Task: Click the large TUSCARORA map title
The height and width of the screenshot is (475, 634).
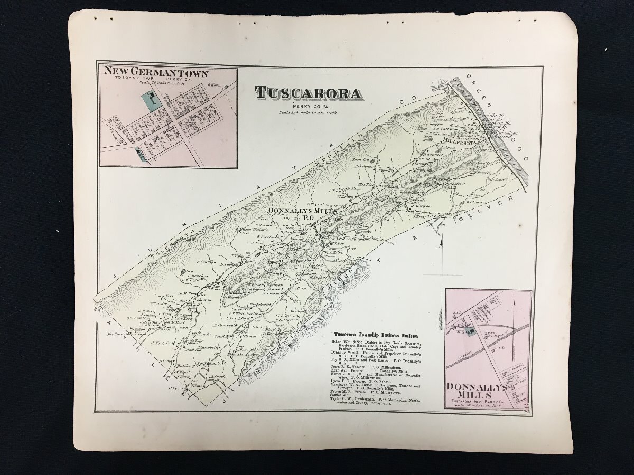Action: [309, 93]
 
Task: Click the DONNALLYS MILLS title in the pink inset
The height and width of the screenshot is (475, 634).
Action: [476, 391]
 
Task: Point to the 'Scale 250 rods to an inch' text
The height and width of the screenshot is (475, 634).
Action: [308, 112]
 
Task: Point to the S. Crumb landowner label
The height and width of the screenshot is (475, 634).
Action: [204, 262]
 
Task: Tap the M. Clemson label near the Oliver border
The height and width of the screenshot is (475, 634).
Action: [475, 202]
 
